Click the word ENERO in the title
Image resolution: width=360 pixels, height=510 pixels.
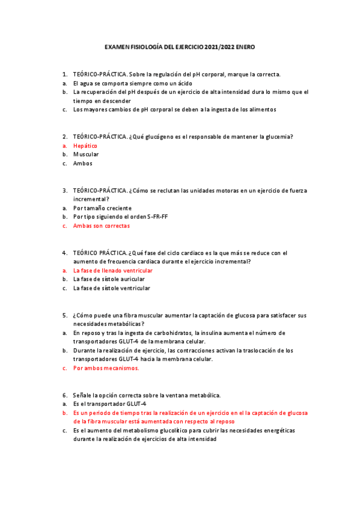[x=245, y=46]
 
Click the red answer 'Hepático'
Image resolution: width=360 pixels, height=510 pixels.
[x=85, y=146]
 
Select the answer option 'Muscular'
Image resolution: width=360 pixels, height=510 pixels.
[x=86, y=154]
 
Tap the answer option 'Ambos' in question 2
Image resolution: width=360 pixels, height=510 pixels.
[x=83, y=163]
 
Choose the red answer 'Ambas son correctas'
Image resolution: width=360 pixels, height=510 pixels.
[x=101, y=226]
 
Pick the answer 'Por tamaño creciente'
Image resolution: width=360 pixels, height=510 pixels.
[x=102, y=208]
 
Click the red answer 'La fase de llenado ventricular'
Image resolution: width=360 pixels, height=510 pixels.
[x=113, y=271]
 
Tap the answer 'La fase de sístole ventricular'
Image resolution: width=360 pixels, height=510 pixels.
[x=112, y=288]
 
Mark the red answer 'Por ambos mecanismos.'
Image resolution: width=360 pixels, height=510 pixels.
[x=106, y=368]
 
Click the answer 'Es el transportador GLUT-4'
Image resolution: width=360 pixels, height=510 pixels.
[x=110, y=404]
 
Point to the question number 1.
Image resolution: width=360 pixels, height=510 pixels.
[x=64, y=74]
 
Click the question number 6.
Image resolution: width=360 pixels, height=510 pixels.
[x=64, y=395]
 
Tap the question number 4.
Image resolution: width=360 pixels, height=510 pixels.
[x=64, y=253]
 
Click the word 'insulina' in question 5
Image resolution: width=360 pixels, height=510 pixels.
[x=214, y=333]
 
